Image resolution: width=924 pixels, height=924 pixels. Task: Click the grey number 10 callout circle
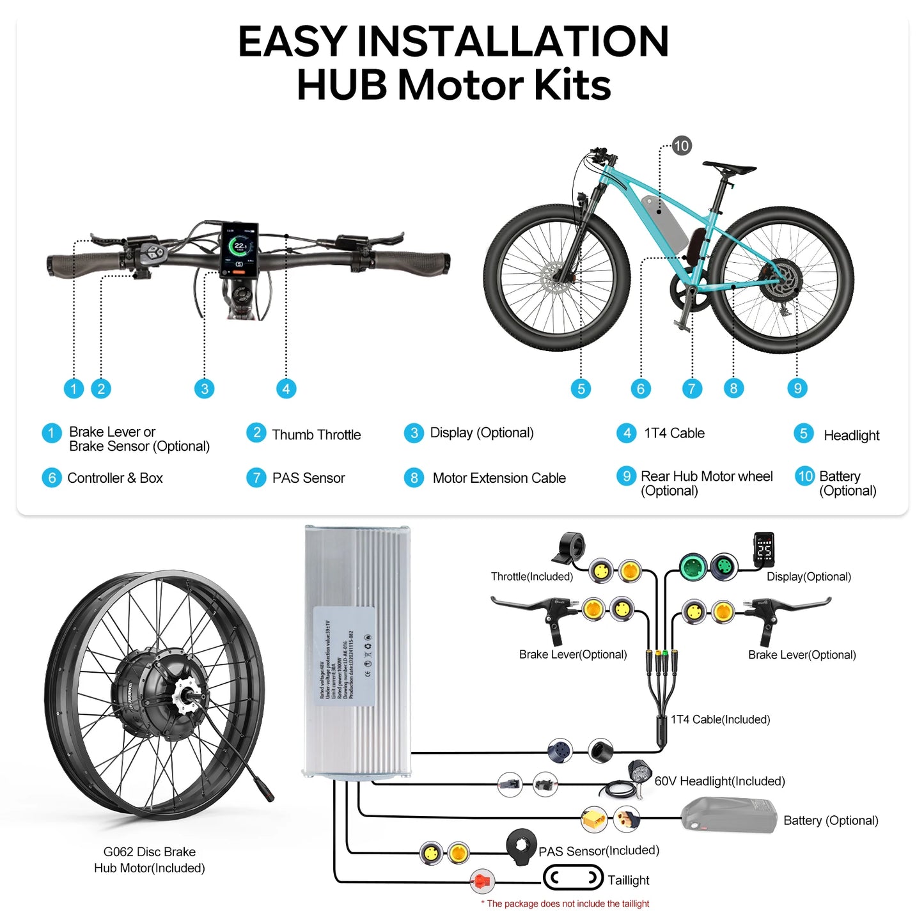[682, 146]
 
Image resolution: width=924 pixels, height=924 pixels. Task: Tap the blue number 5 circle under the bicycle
[581, 389]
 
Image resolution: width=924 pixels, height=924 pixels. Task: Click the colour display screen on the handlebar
[239, 250]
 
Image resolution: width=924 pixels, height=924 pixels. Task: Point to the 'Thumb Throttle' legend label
[316, 435]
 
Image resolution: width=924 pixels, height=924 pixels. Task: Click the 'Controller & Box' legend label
[115, 478]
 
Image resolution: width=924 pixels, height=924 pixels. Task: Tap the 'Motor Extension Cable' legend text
[499, 478]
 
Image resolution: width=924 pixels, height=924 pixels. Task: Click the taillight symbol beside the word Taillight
[573, 878]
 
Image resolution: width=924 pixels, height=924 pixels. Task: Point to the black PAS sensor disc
[521, 847]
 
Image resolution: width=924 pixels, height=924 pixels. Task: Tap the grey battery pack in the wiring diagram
[729, 816]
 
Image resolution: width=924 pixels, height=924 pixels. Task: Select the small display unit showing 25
[764, 549]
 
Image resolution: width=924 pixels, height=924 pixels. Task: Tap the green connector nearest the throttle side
[693, 567]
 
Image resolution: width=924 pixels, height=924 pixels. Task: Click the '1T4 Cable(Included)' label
[720, 719]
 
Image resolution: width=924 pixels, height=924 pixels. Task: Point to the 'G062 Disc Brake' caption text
[150, 852]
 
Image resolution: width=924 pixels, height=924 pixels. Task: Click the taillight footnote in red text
[565, 904]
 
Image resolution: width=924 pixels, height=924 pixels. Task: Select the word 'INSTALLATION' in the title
[512, 42]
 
